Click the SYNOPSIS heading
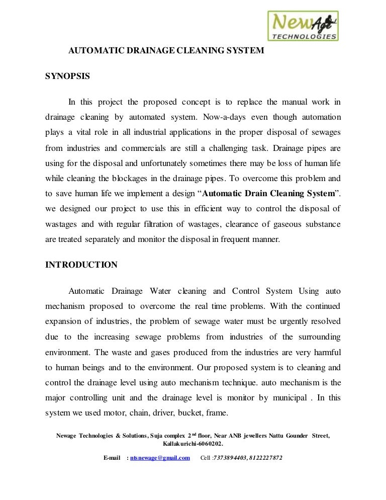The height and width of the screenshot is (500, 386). click(x=67, y=76)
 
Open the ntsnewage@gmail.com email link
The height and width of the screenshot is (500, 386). click(x=160, y=458)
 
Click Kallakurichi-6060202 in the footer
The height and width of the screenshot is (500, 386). click(x=194, y=444)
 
